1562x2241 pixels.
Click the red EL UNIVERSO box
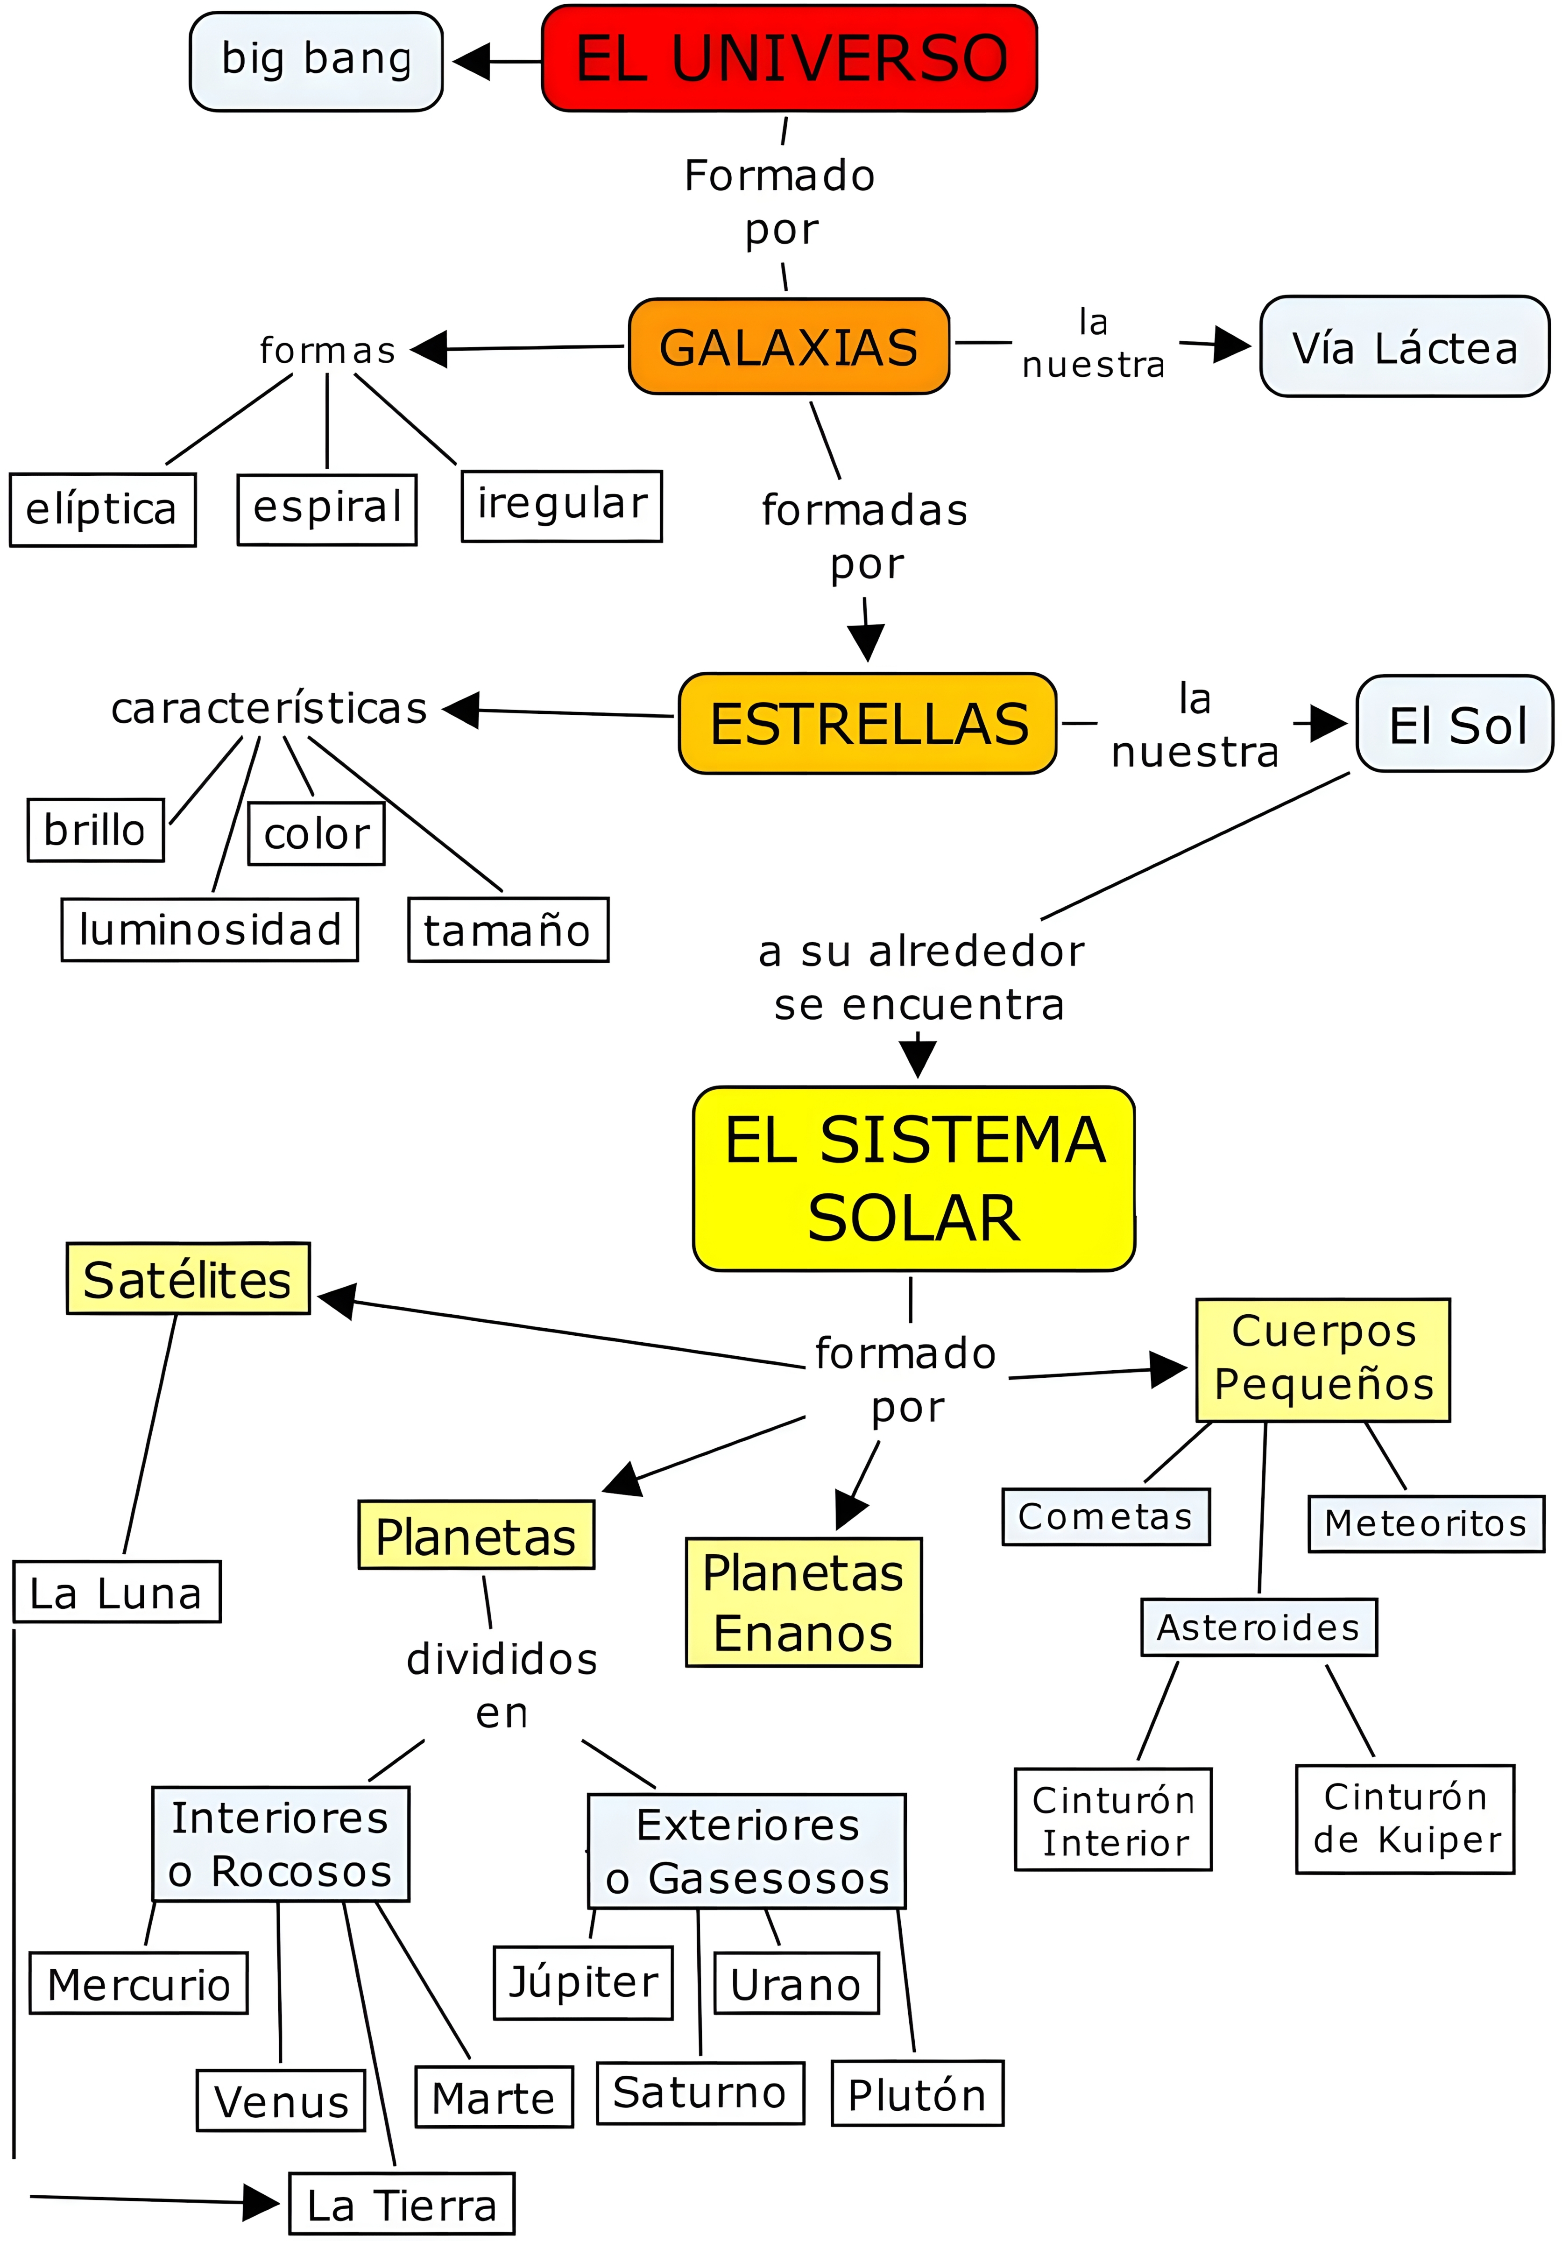789,58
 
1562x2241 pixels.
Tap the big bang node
316,61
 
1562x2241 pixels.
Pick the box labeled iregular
561,506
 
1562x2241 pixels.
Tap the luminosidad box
210,929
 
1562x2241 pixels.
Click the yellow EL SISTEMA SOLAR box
914,1178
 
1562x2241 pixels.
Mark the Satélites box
187,1279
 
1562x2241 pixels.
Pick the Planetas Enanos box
804,1602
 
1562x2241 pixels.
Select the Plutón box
917,2093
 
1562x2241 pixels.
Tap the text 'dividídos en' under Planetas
502,1685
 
